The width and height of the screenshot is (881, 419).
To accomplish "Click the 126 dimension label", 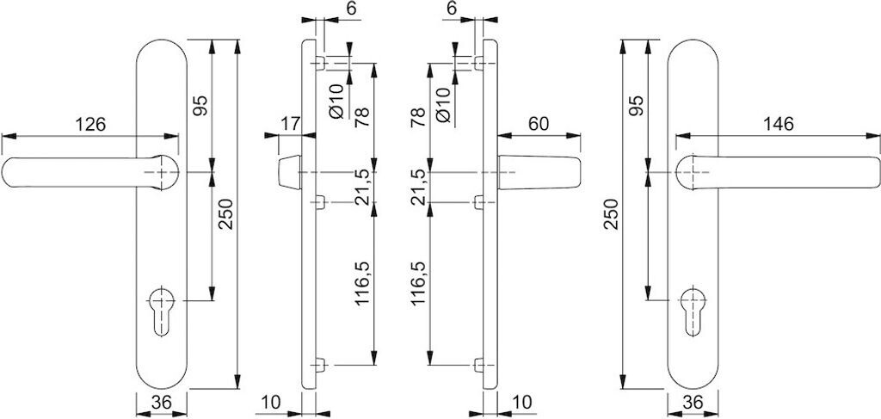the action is click(x=89, y=124).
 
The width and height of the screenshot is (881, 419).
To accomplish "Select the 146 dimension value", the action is click(x=777, y=124).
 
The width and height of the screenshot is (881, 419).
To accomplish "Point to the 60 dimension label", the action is click(x=538, y=124).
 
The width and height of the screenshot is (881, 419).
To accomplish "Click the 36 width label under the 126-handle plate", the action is click(x=161, y=403).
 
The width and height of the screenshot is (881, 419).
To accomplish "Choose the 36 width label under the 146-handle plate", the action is click(x=694, y=403).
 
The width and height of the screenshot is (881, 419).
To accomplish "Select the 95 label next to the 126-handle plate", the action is click(x=200, y=106).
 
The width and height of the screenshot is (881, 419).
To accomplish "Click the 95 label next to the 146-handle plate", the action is click(x=636, y=106).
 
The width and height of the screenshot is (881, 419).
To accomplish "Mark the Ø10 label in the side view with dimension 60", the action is click(x=443, y=102).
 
